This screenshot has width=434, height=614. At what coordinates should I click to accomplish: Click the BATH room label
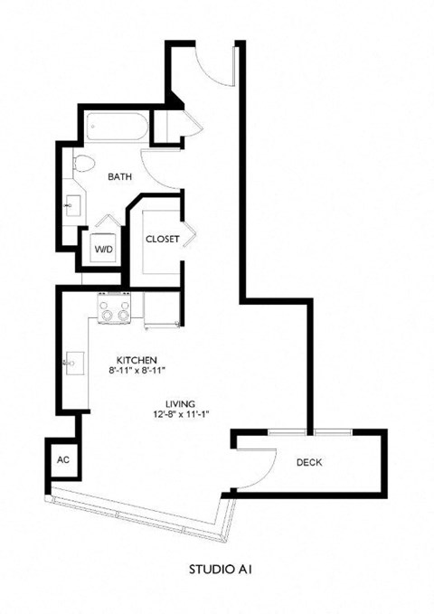[x=120, y=177]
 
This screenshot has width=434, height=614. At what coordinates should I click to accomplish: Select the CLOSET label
[x=163, y=240]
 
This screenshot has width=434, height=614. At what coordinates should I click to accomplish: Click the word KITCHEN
[x=138, y=358]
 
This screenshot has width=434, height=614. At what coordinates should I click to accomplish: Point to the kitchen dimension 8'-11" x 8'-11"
[x=138, y=370]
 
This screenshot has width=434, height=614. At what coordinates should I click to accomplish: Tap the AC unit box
[x=62, y=458]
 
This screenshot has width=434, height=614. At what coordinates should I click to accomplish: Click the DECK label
[x=309, y=463]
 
